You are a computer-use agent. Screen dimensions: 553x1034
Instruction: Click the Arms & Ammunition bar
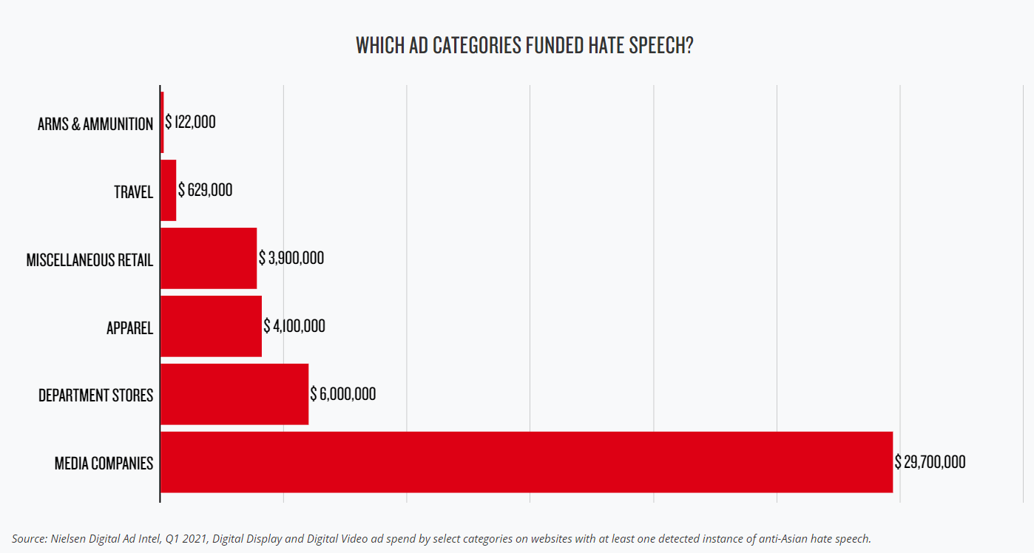coord(162,122)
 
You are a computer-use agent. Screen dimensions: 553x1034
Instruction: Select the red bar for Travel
coord(169,190)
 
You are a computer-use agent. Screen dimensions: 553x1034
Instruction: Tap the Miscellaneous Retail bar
coord(209,258)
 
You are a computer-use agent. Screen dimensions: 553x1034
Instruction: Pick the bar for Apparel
coord(211,326)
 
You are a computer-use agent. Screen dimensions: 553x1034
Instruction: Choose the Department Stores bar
coord(234,394)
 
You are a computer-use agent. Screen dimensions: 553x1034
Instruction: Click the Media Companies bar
coord(527,462)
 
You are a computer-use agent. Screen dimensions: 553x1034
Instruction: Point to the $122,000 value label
coord(191,122)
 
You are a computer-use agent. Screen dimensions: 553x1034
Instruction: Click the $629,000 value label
coord(206,190)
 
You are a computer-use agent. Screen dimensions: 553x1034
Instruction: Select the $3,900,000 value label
coord(291,258)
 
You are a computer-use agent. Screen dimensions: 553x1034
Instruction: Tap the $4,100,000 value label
coord(294,326)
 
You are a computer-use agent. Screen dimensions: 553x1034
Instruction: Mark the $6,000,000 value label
coord(343,394)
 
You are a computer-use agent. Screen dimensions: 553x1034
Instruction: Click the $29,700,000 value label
coord(930,462)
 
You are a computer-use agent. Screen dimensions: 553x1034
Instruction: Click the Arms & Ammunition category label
coord(95,123)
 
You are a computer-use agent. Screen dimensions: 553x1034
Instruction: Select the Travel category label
coord(133,192)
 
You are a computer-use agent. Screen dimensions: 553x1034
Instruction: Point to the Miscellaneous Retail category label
coord(89,260)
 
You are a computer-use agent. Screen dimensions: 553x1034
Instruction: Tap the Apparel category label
coord(129,328)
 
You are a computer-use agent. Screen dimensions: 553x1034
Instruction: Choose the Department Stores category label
coord(95,396)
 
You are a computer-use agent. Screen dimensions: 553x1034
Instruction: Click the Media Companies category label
coord(104,464)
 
